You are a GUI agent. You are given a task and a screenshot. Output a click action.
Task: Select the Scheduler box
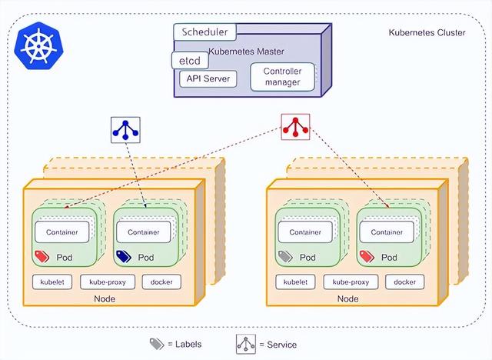coord(205,32)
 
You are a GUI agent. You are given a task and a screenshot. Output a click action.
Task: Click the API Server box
coord(208,78)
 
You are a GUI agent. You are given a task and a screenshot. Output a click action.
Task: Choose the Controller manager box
coord(282,77)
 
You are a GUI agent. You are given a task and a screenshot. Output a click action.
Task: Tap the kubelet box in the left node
coord(52,282)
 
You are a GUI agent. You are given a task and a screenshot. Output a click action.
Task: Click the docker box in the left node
coord(161,282)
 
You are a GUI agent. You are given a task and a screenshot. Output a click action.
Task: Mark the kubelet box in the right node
coord(295,282)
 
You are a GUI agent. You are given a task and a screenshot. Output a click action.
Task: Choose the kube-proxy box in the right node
coord(351,282)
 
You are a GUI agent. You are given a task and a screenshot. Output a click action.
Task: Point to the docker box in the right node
coord(405,282)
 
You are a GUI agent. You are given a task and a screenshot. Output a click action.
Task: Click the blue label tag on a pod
coord(123,256)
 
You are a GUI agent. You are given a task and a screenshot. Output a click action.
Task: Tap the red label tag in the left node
coord(42,256)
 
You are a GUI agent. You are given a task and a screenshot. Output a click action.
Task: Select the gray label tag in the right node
coord(285,256)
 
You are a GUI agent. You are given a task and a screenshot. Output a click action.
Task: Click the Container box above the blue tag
coord(144,232)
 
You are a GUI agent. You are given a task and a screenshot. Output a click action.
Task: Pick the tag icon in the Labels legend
coord(156,343)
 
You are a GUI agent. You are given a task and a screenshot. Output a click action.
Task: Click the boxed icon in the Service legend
coord(247,343)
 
